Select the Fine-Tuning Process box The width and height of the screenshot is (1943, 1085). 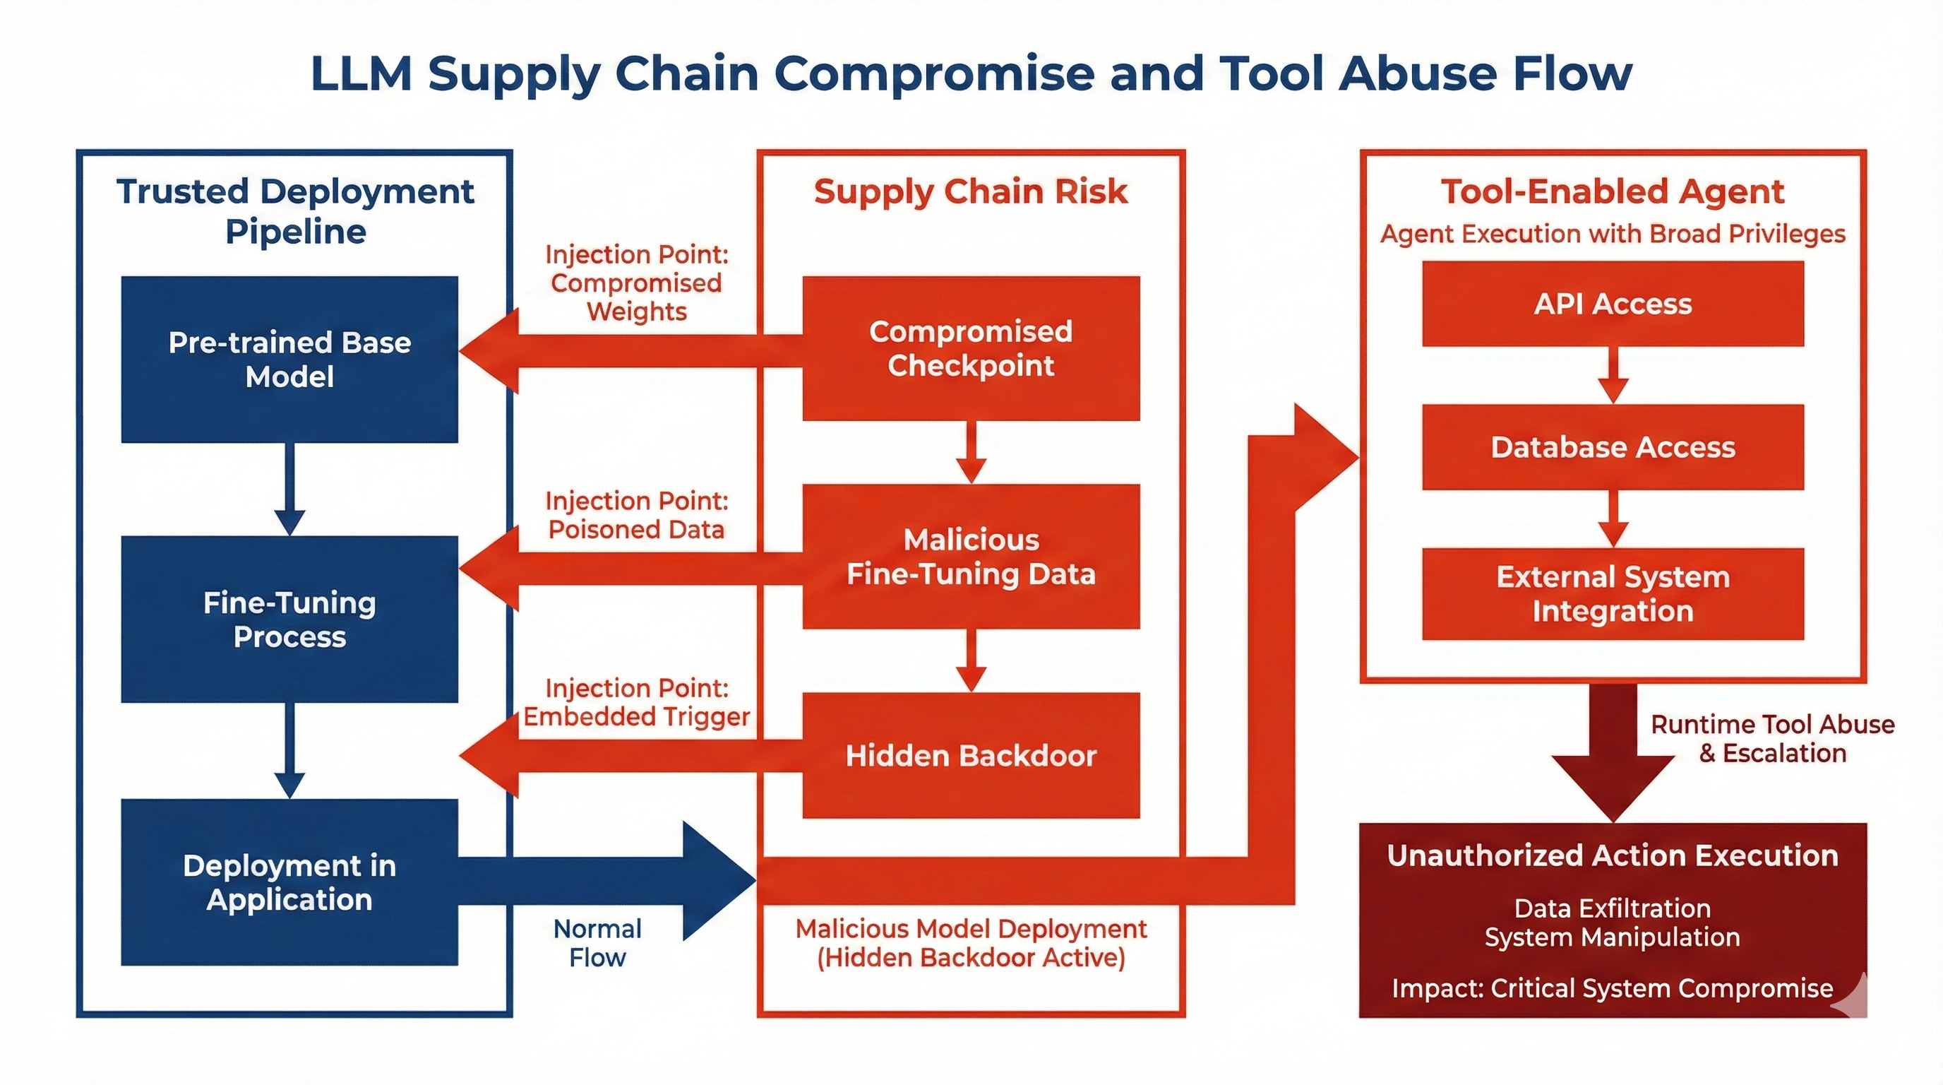pyautogui.click(x=289, y=619)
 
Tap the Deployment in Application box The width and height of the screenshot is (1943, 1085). pyautogui.click(x=289, y=882)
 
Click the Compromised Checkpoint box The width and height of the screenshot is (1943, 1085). pyautogui.click(x=971, y=348)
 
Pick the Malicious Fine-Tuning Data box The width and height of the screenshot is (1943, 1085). pyautogui.click(x=971, y=557)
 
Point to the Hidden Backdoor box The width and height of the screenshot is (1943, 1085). pyautogui.click(x=971, y=755)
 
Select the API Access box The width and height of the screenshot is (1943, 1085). pyautogui.click(x=1613, y=304)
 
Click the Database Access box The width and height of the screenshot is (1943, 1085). pyautogui.click(x=1613, y=447)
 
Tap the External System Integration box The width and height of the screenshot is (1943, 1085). pyautogui.click(x=1613, y=594)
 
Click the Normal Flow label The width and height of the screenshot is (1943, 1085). pyautogui.click(x=597, y=943)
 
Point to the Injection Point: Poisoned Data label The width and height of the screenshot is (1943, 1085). pyautogui.click(x=637, y=516)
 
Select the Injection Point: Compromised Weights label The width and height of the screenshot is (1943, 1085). pyautogui.click(x=637, y=283)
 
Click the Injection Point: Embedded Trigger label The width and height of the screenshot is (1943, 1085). pyautogui.click(x=637, y=701)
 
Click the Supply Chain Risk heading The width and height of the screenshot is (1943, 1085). pyautogui.click(x=971, y=191)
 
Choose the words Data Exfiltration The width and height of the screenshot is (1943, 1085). pyautogui.click(x=1613, y=908)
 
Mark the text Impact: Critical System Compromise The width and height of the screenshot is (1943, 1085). pyautogui.click(x=1613, y=988)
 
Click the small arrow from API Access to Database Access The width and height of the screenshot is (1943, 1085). pyautogui.click(x=1613, y=375)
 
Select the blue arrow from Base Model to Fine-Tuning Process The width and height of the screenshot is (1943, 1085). pyautogui.click(x=289, y=489)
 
